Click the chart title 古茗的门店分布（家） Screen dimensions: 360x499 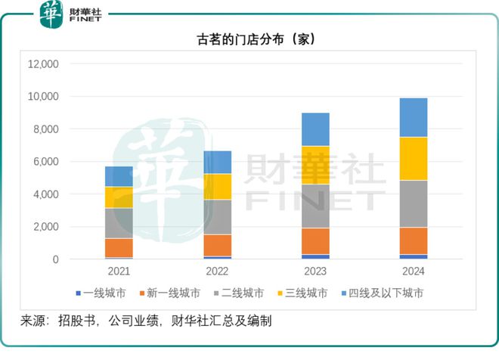(249, 39)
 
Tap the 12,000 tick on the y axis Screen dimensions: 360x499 (43, 64)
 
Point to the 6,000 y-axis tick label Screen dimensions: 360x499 (45, 162)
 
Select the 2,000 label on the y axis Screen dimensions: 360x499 (45, 227)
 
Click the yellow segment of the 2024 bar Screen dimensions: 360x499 (414, 159)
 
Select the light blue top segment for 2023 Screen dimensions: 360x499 (315, 129)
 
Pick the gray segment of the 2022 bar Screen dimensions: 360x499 (217, 217)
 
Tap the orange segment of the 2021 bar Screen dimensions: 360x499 (119, 247)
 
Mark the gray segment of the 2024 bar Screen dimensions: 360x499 (414, 203)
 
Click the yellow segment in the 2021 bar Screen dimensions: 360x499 (119, 197)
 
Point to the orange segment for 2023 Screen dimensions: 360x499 (315, 241)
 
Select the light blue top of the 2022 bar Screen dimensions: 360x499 (217, 162)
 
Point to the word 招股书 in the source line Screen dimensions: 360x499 (78, 321)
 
